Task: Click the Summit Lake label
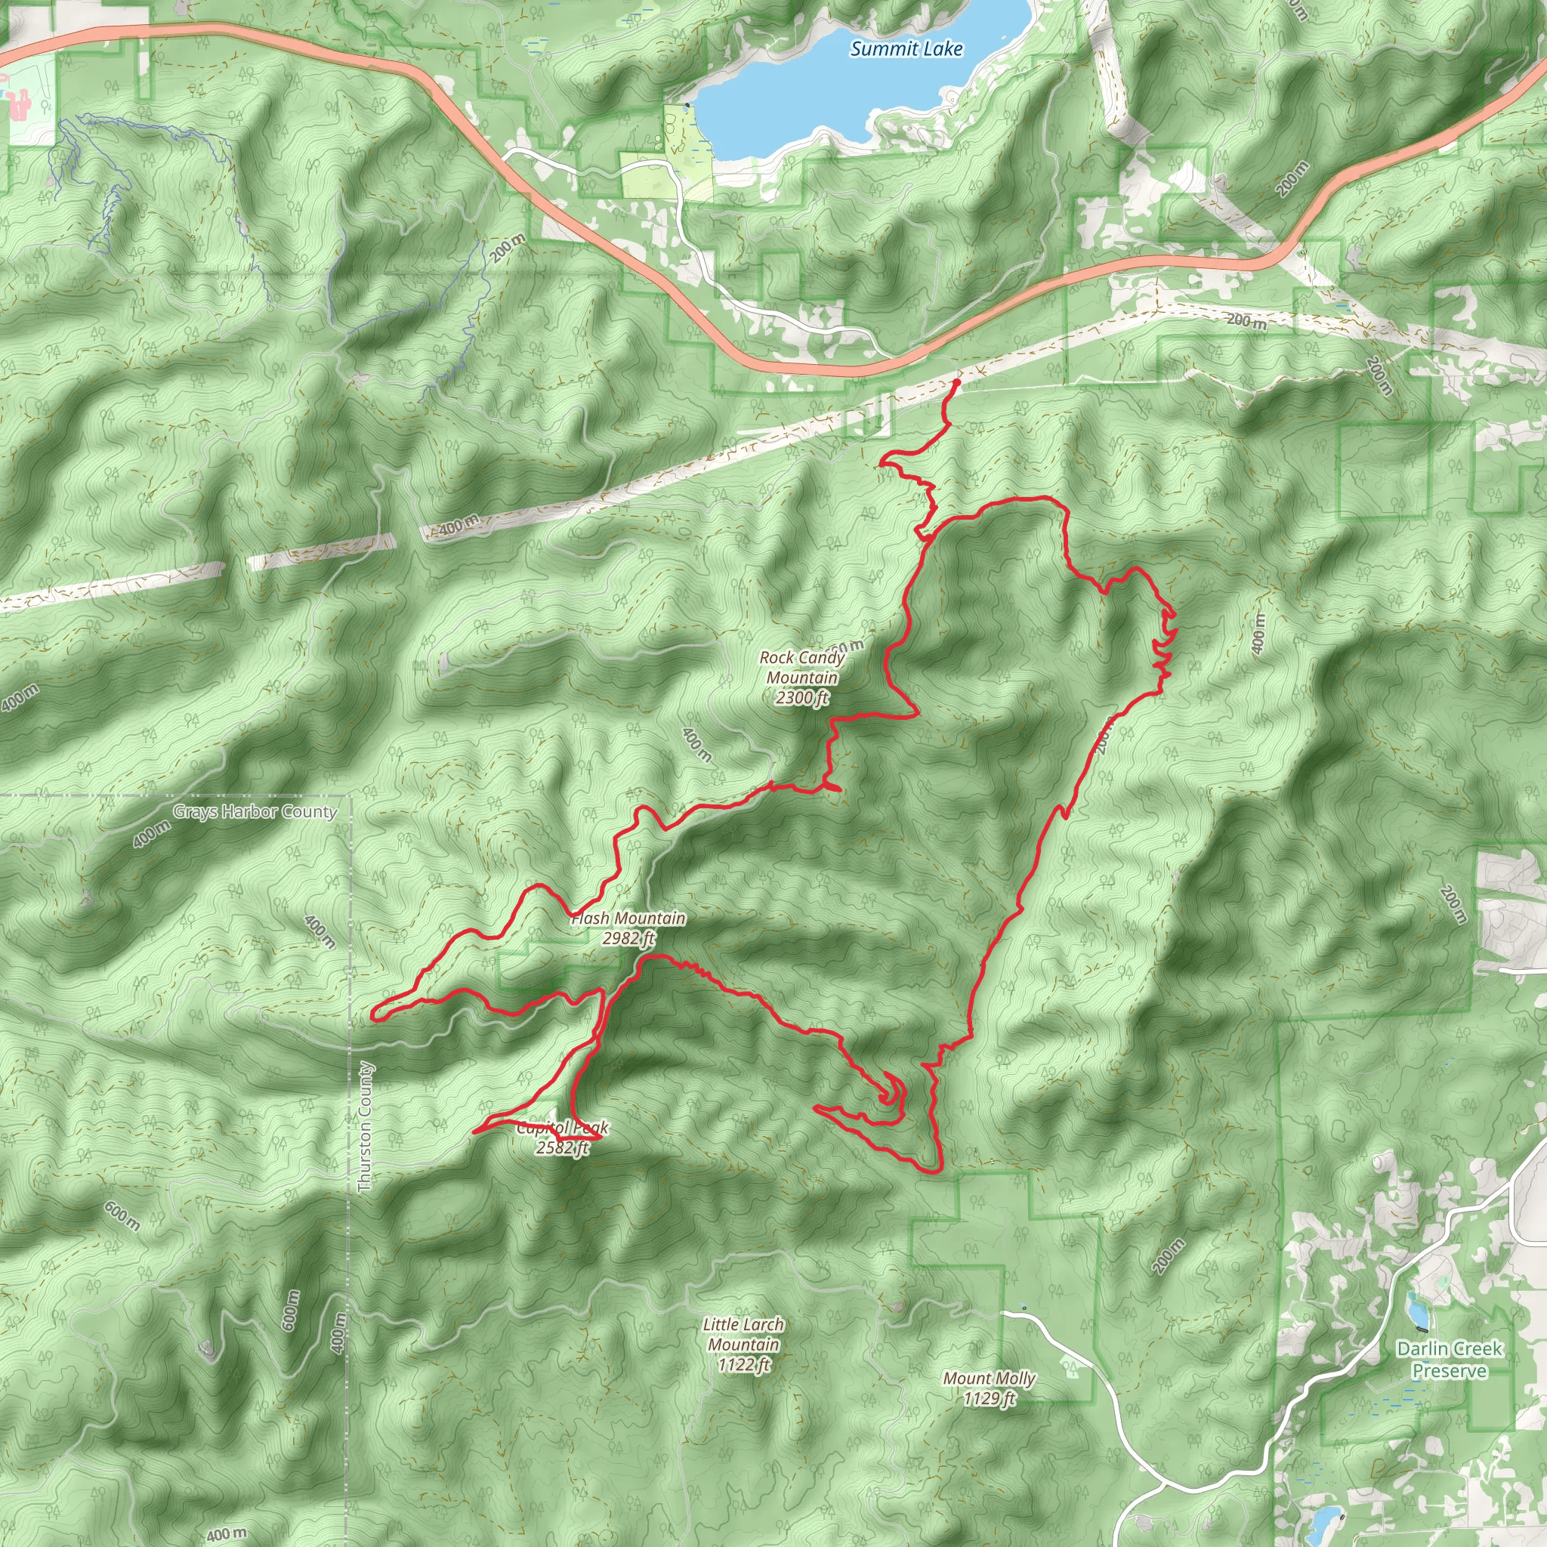[x=906, y=49]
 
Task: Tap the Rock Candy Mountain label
[x=801, y=667]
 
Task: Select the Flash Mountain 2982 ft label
[x=628, y=928]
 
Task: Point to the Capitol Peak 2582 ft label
[x=563, y=1137]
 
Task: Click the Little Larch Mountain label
[x=743, y=1334]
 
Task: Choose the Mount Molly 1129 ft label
[x=989, y=1388]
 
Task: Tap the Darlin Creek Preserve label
[x=1449, y=1359]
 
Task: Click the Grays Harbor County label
[x=255, y=812]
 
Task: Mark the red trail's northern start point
[x=956, y=382]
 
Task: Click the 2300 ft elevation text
[x=801, y=697]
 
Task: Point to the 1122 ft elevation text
[x=743, y=1363]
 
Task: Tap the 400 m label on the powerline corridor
[x=458, y=525]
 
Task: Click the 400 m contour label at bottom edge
[x=227, y=1533]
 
